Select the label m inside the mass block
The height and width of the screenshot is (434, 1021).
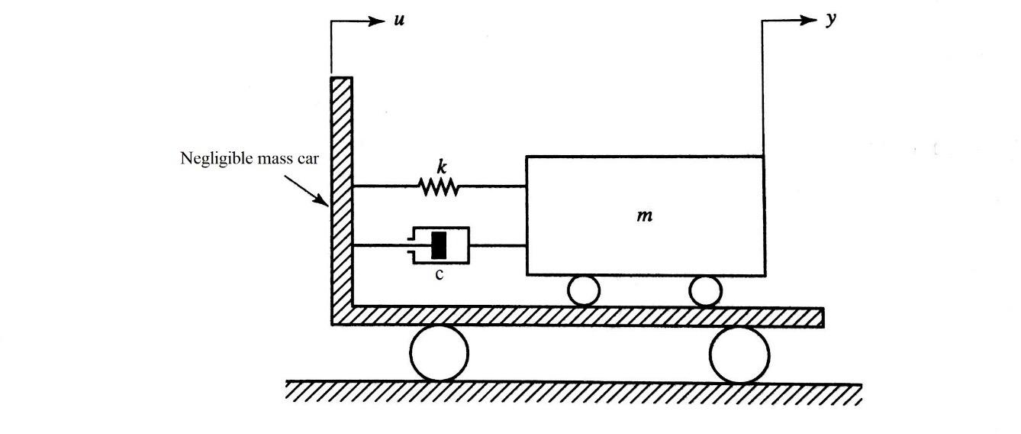645,216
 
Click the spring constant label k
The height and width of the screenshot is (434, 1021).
440,165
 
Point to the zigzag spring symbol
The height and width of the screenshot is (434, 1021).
439,186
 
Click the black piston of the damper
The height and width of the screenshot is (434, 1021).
439,245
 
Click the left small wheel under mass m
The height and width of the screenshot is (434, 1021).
584,291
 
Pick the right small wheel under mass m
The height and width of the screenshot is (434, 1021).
705,291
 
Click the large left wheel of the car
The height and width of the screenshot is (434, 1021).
439,353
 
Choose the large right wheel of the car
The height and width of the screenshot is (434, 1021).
739,354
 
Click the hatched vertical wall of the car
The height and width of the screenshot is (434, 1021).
341,191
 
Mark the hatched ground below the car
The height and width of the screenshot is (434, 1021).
572,393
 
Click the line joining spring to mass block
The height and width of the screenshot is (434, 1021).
492,186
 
